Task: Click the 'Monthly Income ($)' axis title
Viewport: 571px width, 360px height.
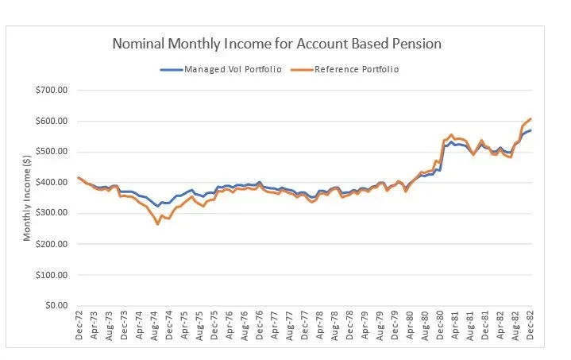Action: pos(28,199)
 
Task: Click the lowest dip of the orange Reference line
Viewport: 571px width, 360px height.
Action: pos(157,224)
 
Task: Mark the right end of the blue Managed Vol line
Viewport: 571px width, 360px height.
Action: pos(530,130)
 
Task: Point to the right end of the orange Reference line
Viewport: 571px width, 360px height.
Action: pos(530,119)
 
